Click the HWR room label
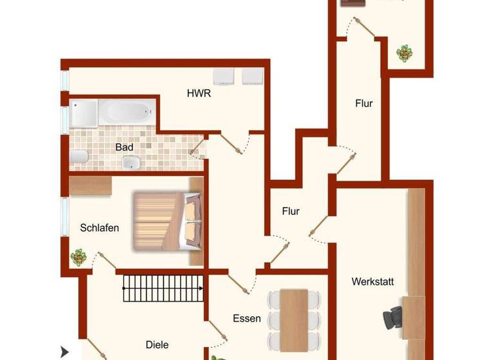(199, 93)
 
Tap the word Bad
(124, 147)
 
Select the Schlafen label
(100, 228)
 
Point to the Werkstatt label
(372, 282)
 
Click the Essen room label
(246, 318)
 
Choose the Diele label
(157, 345)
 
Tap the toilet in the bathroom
(78, 157)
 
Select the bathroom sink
(132, 163)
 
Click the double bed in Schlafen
(166, 221)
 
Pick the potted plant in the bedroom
(79, 257)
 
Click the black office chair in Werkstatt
(393, 318)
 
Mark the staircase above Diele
(163, 287)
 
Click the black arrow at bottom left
(64, 352)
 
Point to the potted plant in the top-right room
(405, 53)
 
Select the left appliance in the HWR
(224, 76)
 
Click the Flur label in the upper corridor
(363, 103)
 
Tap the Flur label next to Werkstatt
(291, 211)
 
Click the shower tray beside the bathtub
(84, 113)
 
